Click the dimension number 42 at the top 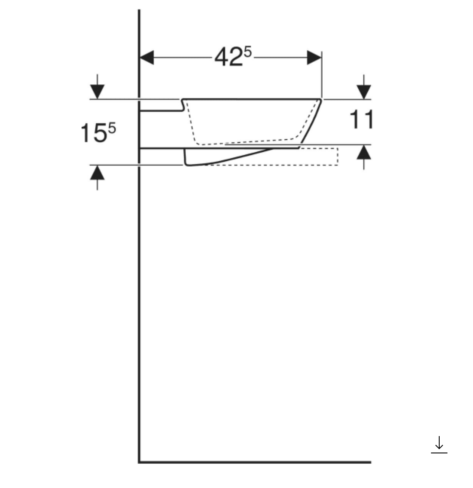228,57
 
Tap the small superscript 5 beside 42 247,52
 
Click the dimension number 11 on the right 361,120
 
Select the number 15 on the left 93,133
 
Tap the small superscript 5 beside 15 112,128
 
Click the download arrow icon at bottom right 439,444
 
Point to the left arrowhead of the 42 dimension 146,57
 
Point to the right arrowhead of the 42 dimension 314,57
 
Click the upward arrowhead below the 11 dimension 364,152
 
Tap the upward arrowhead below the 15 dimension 97,173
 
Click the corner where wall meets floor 139,462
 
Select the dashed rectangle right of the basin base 318,156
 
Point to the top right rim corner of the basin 321,100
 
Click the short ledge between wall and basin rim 161,110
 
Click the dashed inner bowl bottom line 247,142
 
